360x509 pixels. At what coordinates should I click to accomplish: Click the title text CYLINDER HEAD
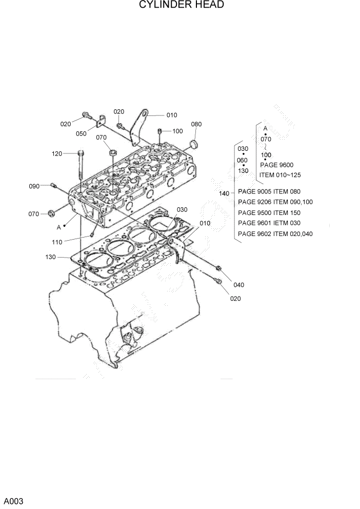pyautogui.click(x=181, y=5)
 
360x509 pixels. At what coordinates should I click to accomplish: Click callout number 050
pyautogui.click(x=81, y=134)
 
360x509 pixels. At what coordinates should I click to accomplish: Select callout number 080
pyautogui.click(x=196, y=124)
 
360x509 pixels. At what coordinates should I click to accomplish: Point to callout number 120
pyautogui.click(x=57, y=153)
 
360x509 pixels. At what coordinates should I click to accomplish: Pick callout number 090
pyautogui.click(x=34, y=186)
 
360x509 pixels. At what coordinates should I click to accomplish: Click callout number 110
pyautogui.click(x=57, y=242)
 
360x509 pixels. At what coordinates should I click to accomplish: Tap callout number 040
pyautogui.click(x=239, y=285)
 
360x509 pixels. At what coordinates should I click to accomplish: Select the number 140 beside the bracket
pyautogui.click(x=224, y=193)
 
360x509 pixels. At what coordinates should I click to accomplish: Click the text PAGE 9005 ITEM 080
pyautogui.click(x=269, y=191)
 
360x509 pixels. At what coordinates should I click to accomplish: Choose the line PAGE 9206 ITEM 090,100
pyautogui.click(x=275, y=202)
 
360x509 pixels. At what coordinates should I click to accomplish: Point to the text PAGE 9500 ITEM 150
pyautogui.click(x=269, y=213)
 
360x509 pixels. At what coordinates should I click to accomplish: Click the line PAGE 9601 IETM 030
pyautogui.click(x=269, y=223)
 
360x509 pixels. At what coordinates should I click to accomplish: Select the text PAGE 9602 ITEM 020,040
pyautogui.click(x=275, y=234)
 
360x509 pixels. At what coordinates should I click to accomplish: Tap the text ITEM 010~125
pyautogui.click(x=280, y=174)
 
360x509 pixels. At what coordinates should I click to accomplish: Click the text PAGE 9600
pyautogui.click(x=276, y=165)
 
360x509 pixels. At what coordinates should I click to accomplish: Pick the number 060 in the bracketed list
pyautogui.click(x=243, y=160)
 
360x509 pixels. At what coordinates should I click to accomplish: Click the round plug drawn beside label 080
pyautogui.click(x=194, y=142)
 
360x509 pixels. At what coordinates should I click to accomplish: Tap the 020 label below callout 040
pyautogui.click(x=235, y=299)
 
